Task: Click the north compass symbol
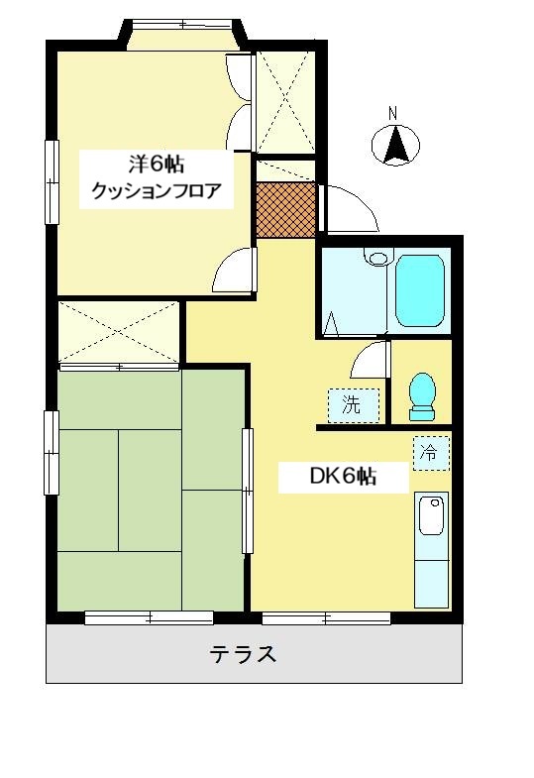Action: pyautogui.click(x=395, y=141)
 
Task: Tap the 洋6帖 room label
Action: pyautogui.click(x=157, y=164)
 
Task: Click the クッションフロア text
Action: pyautogui.click(x=157, y=190)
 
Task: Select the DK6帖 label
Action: pyautogui.click(x=343, y=477)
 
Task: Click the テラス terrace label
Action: pyautogui.click(x=243, y=654)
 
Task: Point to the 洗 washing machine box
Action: pyautogui.click(x=354, y=405)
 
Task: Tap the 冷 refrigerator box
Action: pyautogui.click(x=431, y=453)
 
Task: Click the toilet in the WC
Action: pyautogui.click(x=422, y=396)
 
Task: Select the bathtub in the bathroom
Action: pyautogui.click(x=420, y=290)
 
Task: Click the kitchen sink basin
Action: pyautogui.click(x=432, y=516)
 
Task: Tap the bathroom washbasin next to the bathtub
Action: pyautogui.click(x=378, y=257)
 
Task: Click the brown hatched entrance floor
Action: pyautogui.click(x=286, y=210)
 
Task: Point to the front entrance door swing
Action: pyautogui.click(x=348, y=208)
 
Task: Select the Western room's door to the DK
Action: pyautogui.click(x=235, y=271)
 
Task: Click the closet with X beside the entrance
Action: pyautogui.click(x=285, y=102)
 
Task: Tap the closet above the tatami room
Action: pyautogui.click(x=119, y=331)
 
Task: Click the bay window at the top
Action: pyautogui.click(x=183, y=35)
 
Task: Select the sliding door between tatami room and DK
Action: pyautogui.click(x=247, y=491)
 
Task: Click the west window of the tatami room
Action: pyautogui.click(x=52, y=453)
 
